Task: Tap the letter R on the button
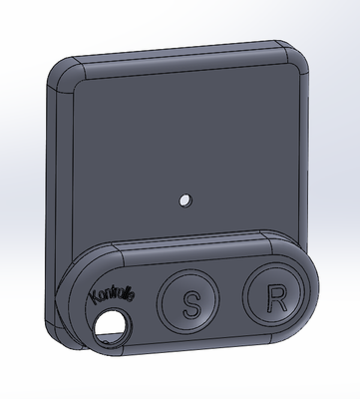tap(277, 298)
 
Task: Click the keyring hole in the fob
tap(111, 325)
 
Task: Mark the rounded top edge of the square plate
tap(180, 63)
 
